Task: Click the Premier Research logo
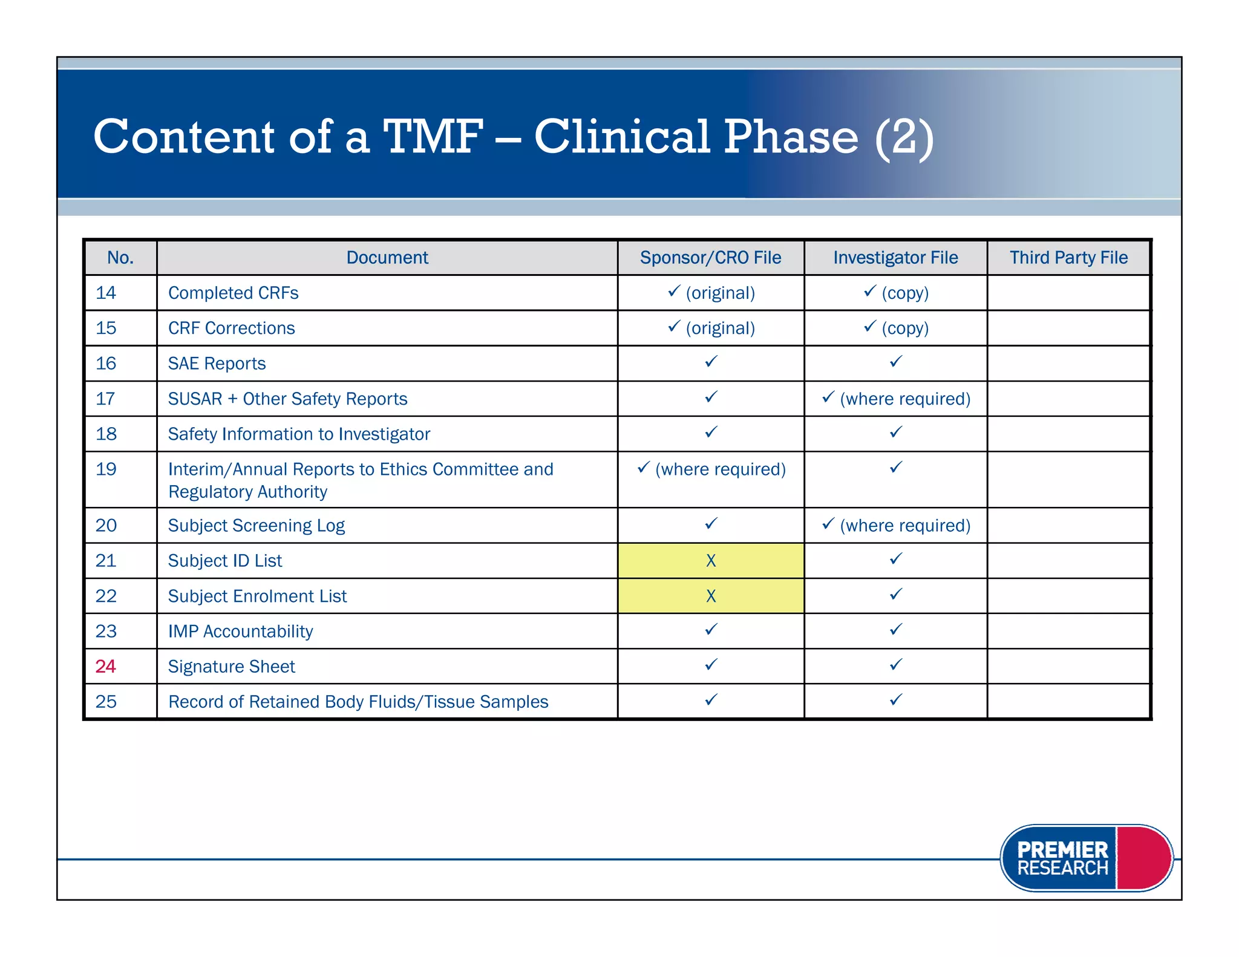pyautogui.click(x=1086, y=858)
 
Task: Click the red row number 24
pyautogui.click(x=105, y=666)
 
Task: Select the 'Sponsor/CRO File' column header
pyautogui.click(x=710, y=258)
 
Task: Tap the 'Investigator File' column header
pyautogui.click(x=895, y=258)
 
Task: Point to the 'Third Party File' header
pyautogui.click(x=1068, y=258)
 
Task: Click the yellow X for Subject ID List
pyautogui.click(x=711, y=561)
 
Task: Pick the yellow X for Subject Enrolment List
pyautogui.click(x=711, y=596)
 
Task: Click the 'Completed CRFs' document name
pyautogui.click(x=233, y=293)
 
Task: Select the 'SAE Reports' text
pyautogui.click(x=217, y=364)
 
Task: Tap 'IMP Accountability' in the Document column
pyautogui.click(x=240, y=631)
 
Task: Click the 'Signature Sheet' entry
pyautogui.click(x=231, y=666)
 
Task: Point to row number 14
pyautogui.click(x=106, y=293)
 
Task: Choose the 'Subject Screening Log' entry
pyautogui.click(x=256, y=525)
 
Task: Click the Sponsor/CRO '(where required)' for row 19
pyautogui.click(x=720, y=469)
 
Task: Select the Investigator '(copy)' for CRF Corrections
pyautogui.click(x=904, y=328)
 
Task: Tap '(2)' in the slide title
pyautogui.click(x=904, y=137)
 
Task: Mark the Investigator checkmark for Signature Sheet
pyautogui.click(x=896, y=665)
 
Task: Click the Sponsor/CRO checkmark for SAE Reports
pyautogui.click(x=711, y=362)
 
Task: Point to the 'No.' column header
pyautogui.click(x=120, y=258)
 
